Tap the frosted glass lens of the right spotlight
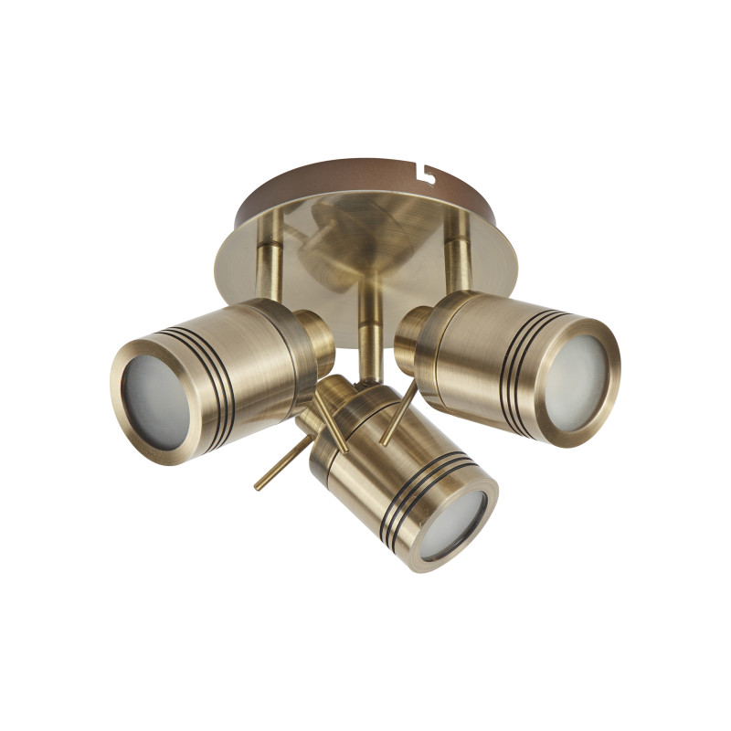[x=574, y=370]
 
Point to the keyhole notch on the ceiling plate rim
[x=423, y=170]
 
